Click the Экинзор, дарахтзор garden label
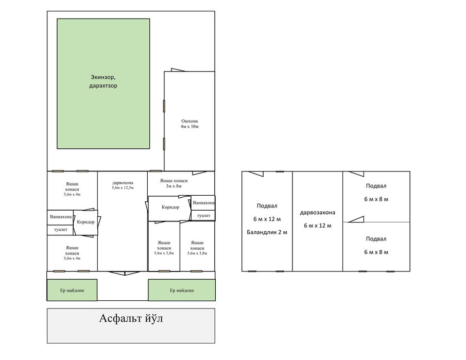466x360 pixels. click(x=103, y=81)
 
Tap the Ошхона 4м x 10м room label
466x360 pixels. click(x=189, y=124)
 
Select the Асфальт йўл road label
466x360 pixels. click(x=131, y=318)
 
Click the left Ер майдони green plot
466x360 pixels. click(x=72, y=290)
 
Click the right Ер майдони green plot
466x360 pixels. click(x=182, y=290)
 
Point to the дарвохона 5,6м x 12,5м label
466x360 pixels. click(x=123, y=185)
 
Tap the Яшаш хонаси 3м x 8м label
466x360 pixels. click(x=174, y=183)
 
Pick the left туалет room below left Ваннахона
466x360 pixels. click(x=60, y=230)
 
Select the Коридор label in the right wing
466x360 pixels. click(x=170, y=207)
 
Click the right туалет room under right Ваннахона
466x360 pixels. click(x=203, y=215)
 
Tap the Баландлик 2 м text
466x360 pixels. click(x=267, y=232)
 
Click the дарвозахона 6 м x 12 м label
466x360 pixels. click(x=317, y=219)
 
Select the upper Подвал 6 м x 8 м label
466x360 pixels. click(x=376, y=192)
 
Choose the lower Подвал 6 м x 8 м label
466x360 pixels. click(x=376, y=245)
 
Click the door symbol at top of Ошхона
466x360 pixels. click(x=178, y=70)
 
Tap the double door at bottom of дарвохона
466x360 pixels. click(x=125, y=273)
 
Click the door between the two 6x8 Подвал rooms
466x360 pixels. click(x=356, y=219)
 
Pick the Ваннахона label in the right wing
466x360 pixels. click(x=203, y=203)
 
